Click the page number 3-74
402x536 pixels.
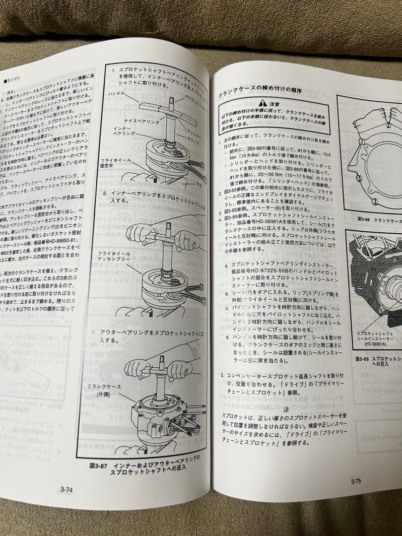[x=67, y=489]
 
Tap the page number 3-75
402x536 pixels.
[x=356, y=481]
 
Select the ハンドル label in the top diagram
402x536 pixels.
[x=118, y=93]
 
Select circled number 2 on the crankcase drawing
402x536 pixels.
[x=362, y=141]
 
